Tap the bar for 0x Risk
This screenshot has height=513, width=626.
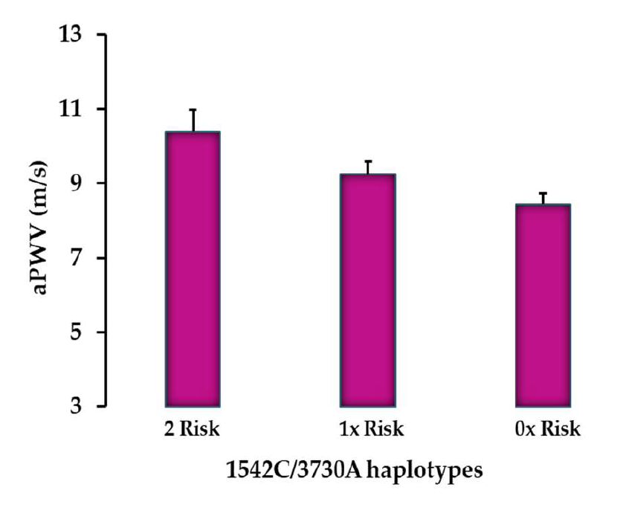tap(543, 305)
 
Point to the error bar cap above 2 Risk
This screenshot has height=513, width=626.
tap(193, 110)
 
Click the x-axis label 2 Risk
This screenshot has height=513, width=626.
tap(193, 430)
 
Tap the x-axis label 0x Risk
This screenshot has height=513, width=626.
tap(543, 430)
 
